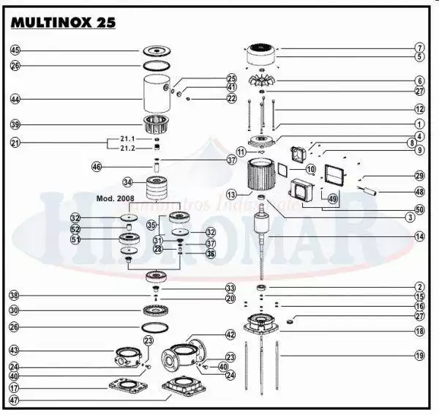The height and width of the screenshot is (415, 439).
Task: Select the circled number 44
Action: (15, 98)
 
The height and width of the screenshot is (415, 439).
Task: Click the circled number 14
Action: (420, 236)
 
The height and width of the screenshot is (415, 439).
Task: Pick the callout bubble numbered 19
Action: (420, 356)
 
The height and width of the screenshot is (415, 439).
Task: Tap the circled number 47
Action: (15, 401)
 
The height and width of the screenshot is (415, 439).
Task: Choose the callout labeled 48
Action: (420, 192)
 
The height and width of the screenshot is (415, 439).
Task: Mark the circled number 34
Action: (128, 182)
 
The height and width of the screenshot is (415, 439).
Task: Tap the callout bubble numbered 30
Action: (15, 310)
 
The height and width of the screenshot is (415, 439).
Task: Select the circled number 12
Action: (420, 108)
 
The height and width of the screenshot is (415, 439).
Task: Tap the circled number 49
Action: (333, 199)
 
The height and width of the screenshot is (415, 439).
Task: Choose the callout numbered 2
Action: (420, 287)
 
